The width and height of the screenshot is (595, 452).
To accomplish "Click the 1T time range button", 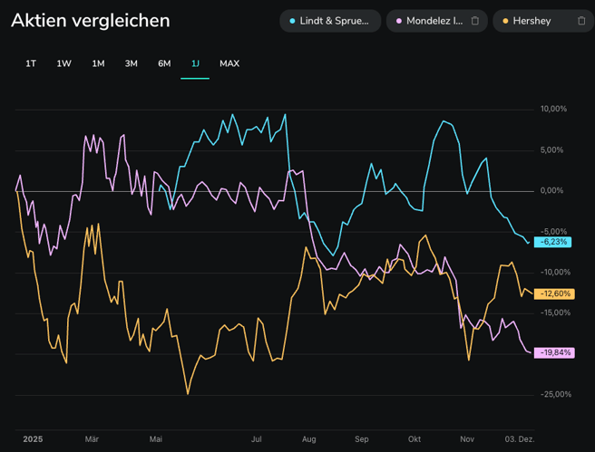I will click(x=31, y=63).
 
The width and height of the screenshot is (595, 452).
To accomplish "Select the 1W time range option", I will click(x=63, y=63).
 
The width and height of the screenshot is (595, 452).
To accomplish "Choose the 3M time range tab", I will click(x=132, y=63).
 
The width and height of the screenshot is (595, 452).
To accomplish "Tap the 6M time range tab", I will click(x=164, y=63).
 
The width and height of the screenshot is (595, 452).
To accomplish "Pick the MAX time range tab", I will click(x=229, y=63).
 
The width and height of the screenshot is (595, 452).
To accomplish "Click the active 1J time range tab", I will click(x=195, y=63).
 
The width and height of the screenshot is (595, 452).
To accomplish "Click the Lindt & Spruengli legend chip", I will click(x=329, y=21).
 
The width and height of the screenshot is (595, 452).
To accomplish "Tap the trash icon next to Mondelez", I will click(x=474, y=21).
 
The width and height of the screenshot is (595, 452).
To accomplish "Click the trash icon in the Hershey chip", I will click(x=581, y=21).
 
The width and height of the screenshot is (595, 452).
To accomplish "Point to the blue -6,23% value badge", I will click(x=553, y=242).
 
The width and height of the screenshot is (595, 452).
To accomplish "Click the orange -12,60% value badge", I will click(x=554, y=293).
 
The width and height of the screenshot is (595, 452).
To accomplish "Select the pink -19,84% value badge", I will click(x=554, y=352).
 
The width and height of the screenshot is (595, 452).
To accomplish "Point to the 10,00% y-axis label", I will click(x=553, y=110).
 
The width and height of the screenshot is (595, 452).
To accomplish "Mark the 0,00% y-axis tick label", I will click(x=552, y=191).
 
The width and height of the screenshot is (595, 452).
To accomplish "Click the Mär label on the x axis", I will click(x=92, y=439).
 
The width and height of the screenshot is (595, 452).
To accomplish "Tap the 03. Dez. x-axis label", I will click(x=520, y=439).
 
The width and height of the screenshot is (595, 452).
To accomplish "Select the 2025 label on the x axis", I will click(x=33, y=439).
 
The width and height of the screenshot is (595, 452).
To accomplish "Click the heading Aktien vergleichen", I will click(x=90, y=21).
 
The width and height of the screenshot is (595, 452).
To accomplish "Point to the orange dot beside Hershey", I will click(x=504, y=21).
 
